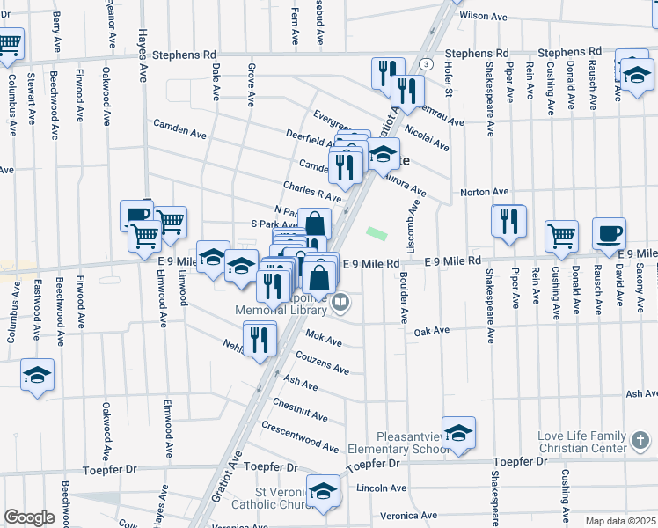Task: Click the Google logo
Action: [29, 517]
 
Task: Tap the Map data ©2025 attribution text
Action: [620, 521]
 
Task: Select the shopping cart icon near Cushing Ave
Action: [561, 236]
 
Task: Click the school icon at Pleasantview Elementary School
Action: [458, 433]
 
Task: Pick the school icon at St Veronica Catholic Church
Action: [323, 490]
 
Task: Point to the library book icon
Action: [341, 304]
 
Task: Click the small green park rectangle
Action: [377, 233]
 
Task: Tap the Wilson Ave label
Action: [484, 16]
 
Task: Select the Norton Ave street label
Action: [485, 192]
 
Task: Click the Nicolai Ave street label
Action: [428, 138]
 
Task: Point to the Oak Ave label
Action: [431, 331]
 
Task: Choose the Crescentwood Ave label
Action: [300, 436]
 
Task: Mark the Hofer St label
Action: [447, 77]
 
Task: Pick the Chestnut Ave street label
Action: [300, 409]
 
